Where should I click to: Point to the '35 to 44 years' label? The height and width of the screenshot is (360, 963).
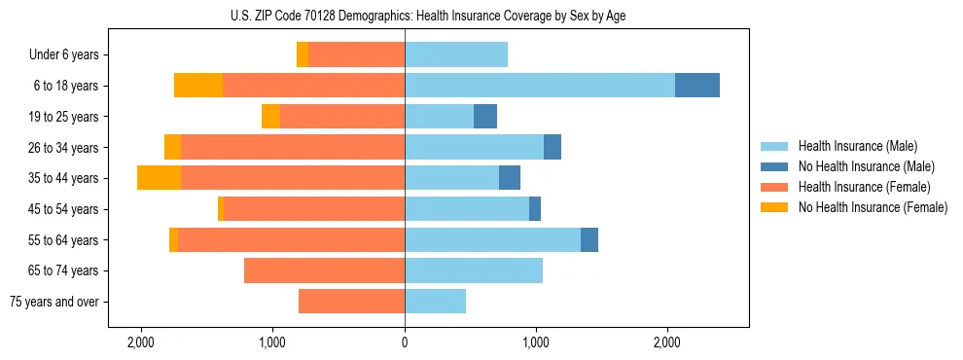coord(64,178)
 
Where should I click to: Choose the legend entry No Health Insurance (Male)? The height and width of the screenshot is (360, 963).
coord(865,166)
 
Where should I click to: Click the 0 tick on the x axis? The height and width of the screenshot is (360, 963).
coord(405,342)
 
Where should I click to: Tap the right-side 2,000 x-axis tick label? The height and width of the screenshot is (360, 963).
coord(667,342)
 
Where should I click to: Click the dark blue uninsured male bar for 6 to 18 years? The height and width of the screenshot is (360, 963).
coord(697,86)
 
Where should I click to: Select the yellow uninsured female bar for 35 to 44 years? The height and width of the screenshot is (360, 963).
coord(159,178)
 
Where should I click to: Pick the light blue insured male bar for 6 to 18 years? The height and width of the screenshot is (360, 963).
coord(540,86)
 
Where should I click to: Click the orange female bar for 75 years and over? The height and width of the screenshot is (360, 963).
coord(351,302)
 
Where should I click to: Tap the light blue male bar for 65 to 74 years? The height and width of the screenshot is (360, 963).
coord(474,270)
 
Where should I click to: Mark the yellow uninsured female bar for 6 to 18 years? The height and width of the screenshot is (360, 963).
coord(198,86)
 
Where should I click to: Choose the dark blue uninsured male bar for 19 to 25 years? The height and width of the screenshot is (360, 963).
coord(485,117)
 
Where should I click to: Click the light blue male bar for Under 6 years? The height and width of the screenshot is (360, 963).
coord(456,55)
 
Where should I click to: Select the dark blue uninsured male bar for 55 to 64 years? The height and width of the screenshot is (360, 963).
coord(589,239)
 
